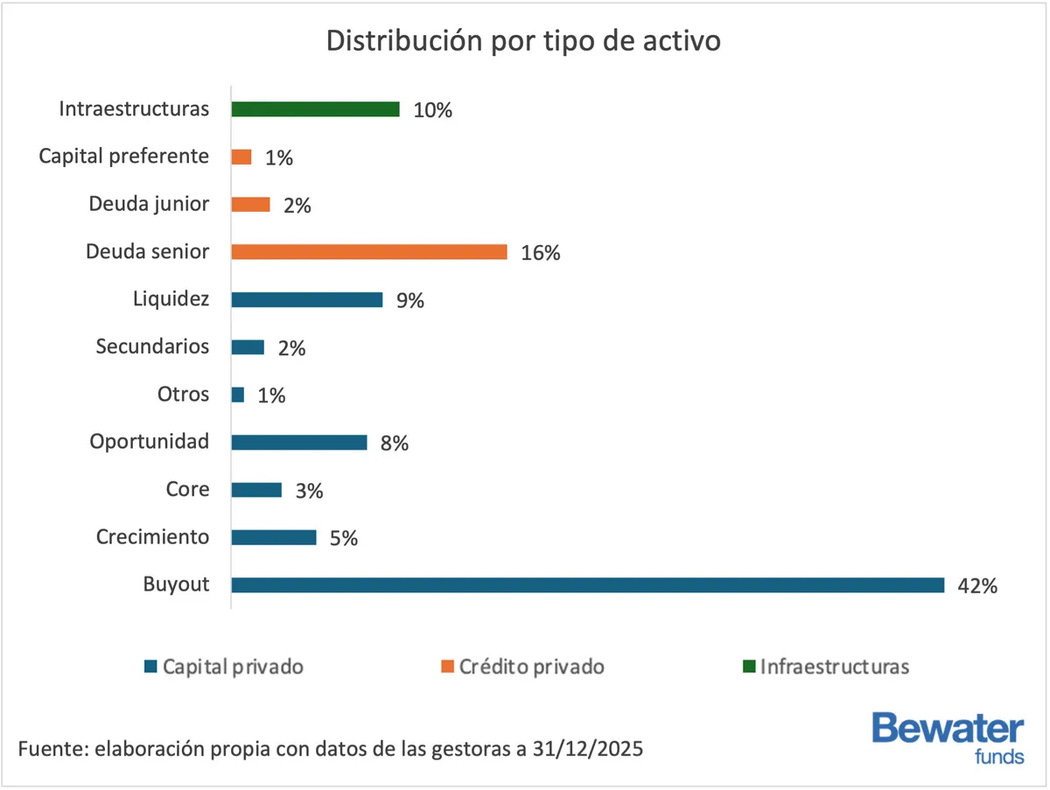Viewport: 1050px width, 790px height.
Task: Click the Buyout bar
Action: [587, 585]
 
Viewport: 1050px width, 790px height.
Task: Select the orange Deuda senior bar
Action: [368, 252]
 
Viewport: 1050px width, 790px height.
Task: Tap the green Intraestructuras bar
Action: [315, 109]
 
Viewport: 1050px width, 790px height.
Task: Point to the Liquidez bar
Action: [306, 299]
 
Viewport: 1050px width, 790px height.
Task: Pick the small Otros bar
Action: [238, 395]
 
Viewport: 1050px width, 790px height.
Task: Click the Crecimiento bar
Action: [273, 537]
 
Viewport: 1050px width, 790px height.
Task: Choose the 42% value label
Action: [976, 586]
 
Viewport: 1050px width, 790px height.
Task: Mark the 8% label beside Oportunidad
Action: [394, 443]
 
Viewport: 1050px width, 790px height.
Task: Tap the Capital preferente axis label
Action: [124, 157]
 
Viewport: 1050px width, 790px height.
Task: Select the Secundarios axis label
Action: [152, 346]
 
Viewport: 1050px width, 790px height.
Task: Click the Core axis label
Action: [187, 489]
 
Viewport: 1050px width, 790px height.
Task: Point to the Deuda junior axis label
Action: [149, 204]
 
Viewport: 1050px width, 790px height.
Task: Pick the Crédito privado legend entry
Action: [522, 667]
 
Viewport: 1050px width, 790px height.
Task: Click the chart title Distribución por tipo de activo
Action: [523, 41]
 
